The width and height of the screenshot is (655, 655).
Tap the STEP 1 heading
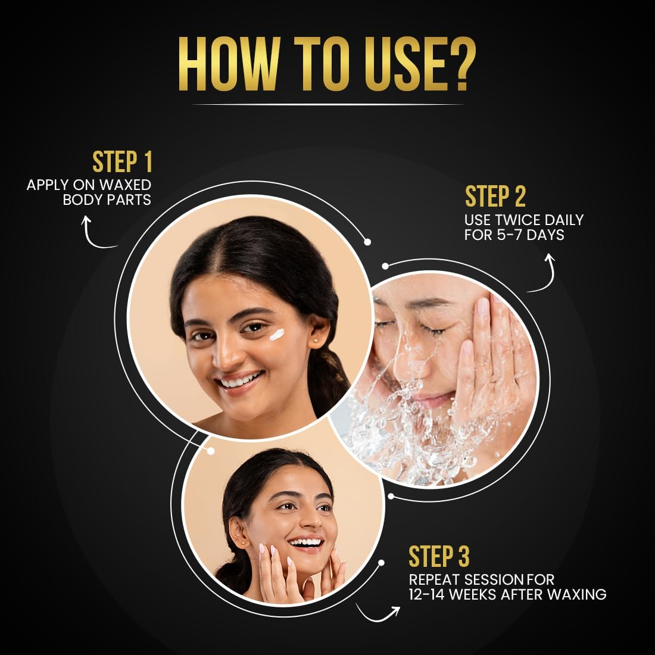122,162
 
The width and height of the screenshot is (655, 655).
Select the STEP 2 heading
495,196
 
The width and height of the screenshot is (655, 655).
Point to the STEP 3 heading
439,557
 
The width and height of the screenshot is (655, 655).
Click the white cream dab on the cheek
276,335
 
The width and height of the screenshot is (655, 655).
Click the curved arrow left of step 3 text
378,613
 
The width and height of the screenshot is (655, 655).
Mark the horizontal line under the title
327,104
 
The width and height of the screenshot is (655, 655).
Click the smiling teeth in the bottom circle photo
307,542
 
